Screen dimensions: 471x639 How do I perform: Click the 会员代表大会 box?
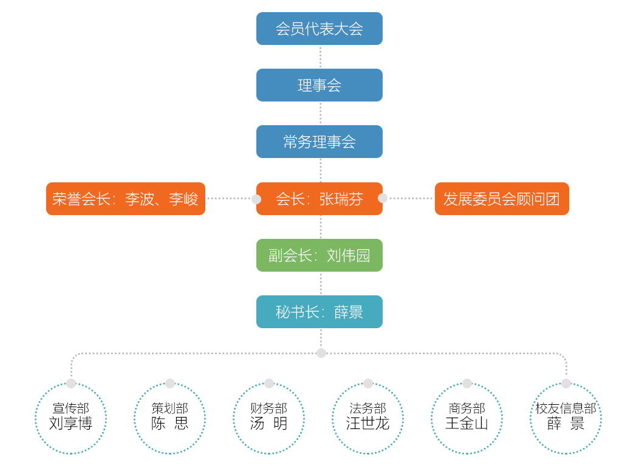(319, 29)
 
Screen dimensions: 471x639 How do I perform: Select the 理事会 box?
(319, 85)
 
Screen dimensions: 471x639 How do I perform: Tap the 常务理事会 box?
(319, 142)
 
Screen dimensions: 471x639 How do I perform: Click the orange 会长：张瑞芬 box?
(319, 199)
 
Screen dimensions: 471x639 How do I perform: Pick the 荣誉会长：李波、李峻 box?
(126, 199)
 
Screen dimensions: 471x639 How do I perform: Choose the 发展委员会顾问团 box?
(502, 199)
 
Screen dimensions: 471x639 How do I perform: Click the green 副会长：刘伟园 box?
(319, 255)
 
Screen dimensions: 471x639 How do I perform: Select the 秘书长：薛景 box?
(319, 312)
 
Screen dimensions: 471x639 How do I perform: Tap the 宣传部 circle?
(70, 419)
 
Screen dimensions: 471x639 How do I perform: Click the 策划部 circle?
(169, 419)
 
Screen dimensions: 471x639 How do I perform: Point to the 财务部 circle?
(268, 419)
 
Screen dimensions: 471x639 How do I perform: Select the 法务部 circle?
(367, 419)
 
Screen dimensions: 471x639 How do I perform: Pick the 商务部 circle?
(466, 419)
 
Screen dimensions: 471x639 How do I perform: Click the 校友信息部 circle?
(566, 419)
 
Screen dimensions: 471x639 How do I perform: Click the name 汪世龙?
(367, 424)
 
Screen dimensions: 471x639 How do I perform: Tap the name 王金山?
(466, 424)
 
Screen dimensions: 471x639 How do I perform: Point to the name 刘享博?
(70, 424)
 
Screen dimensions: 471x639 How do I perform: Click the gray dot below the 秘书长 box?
(321, 353)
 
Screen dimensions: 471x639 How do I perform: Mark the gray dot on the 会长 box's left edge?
(256, 199)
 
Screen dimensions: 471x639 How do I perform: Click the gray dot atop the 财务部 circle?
(269, 383)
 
